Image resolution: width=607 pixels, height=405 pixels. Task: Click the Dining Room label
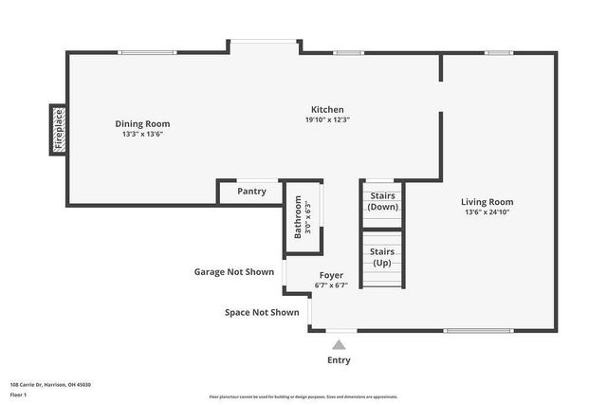tap(142, 123)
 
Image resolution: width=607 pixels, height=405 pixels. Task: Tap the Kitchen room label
tap(328, 109)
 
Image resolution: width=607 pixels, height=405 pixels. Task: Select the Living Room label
tap(487, 201)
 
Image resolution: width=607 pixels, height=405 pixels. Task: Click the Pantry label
tap(251, 192)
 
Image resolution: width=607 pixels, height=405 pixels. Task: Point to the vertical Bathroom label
tap(298, 216)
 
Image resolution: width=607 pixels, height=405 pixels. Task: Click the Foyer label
tap(331, 275)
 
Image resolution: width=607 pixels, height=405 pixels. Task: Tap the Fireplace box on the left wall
tap(58, 130)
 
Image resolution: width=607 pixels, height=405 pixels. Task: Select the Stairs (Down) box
tap(382, 202)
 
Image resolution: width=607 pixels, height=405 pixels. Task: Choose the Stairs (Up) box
tap(382, 257)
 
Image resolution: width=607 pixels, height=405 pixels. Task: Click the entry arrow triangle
tap(339, 345)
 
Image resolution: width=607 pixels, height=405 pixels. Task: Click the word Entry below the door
tap(339, 360)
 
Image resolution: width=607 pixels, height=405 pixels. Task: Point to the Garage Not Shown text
tap(234, 272)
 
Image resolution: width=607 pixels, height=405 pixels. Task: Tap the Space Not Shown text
tap(262, 312)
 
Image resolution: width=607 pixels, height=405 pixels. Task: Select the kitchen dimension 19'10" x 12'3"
tap(328, 120)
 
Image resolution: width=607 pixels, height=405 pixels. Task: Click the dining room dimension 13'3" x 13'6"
tap(142, 135)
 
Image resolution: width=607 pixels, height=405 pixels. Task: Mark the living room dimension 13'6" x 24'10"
tap(487, 212)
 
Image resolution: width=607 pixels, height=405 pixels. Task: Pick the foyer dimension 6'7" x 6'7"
tap(331, 285)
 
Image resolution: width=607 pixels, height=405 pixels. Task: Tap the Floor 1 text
tap(20, 394)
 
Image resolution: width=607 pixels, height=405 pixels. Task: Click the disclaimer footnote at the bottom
tap(303, 397)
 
